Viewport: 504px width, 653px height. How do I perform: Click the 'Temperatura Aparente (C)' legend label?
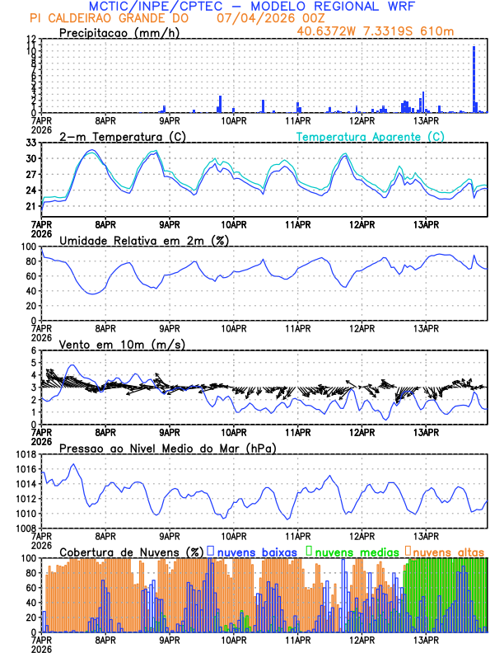pyautogui.click(x=371, y=136)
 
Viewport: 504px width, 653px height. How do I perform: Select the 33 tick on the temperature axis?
pyautogui.click(x=30, y=143)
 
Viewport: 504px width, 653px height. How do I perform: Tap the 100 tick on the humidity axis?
pyautogui.click(x=29, y=247)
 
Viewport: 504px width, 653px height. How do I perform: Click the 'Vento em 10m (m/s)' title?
pyautogui.click(x=122, y=344)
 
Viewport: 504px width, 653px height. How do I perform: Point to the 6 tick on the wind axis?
pyautogui.click(x=34, y=351)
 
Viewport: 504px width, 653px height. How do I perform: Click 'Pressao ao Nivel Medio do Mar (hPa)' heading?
pyautogui.click(x=168, y=448)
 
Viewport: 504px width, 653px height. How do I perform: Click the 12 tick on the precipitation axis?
pyautogui.click(x=30, y=40)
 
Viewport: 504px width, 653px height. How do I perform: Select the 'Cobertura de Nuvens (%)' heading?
pyautogui.click(x=132, y=551)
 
